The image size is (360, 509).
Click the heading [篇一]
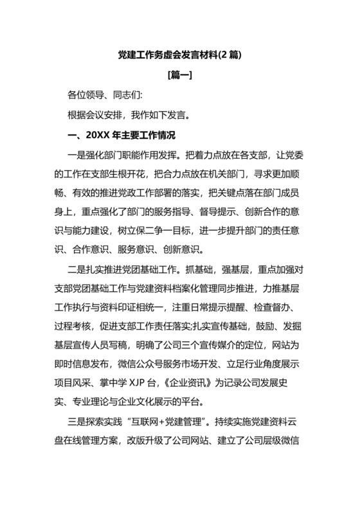pos(179,76)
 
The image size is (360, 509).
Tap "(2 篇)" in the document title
pos(228,55)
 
